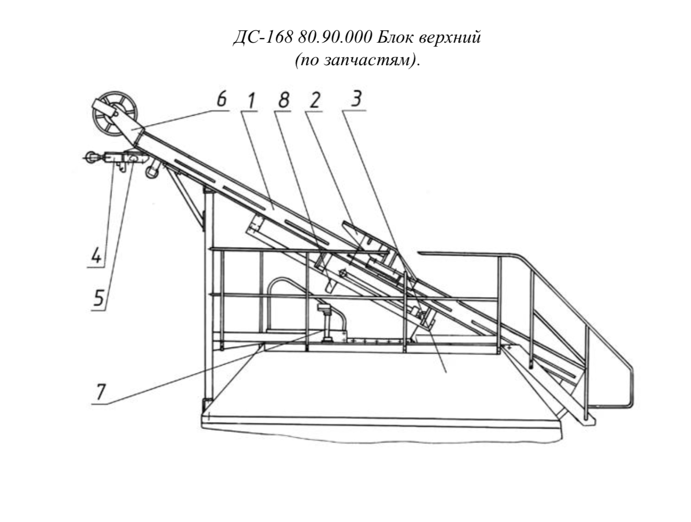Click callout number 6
pyautogui.click(x=222, y=99)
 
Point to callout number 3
pyautogui.click(x=356, y=99)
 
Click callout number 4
pyautogui.click(x=97, y=255)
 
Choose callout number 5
pyautogui.click(x=99, y=298)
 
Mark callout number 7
pyautogui.click(x=100, y=392)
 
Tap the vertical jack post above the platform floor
pyautogui.click(x=327, y=323)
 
